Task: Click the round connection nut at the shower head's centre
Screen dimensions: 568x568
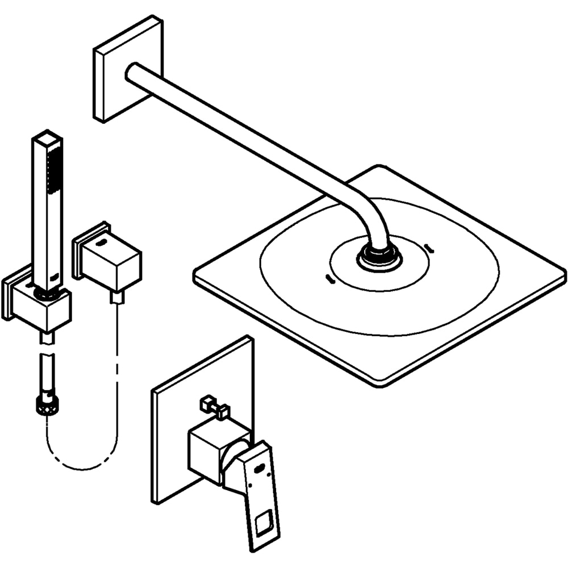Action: point(379,257)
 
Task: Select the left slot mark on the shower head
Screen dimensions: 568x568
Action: point(328,278)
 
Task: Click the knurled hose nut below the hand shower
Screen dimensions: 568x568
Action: point(47,404)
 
